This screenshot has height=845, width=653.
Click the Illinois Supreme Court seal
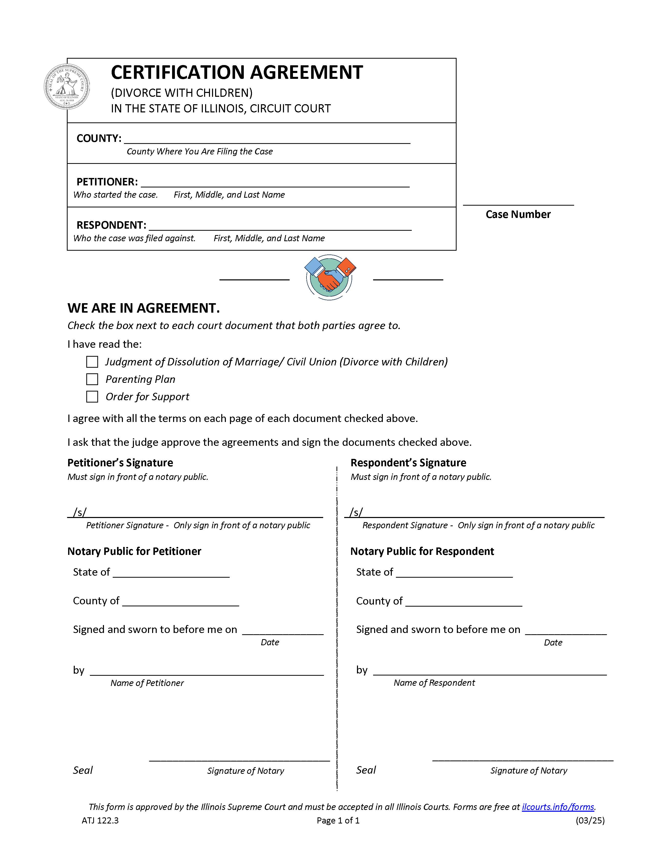(67, 86)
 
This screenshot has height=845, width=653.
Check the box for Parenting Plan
(92, 379)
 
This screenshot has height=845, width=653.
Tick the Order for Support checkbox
(92, 397)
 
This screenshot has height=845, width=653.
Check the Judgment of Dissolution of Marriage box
(92, 362)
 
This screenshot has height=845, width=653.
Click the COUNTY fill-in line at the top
(267, 139)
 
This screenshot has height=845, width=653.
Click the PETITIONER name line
(275, 183)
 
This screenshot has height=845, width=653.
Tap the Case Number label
(518, 214)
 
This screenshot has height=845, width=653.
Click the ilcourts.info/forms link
(558, 807)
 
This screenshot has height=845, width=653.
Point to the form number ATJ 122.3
(100, 820)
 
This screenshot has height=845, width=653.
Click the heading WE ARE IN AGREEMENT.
(143, 308)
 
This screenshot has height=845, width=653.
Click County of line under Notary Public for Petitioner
(180, 602)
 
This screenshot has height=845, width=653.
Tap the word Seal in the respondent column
(366, 770)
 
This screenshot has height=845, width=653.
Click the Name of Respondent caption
(434, 682)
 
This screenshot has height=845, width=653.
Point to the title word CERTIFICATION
(178, 72)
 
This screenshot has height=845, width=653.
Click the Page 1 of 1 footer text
(338, 820)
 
